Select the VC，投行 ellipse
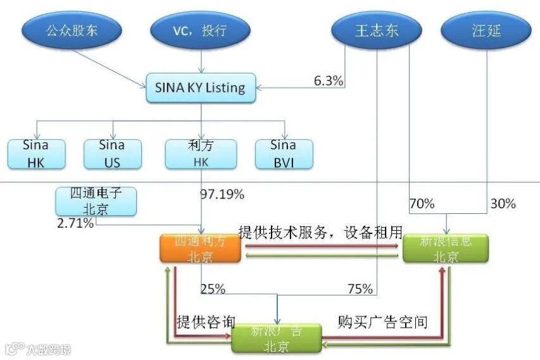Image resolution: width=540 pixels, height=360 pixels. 200,30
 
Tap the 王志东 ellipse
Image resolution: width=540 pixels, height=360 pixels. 376,30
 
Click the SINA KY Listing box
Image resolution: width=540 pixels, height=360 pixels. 201,87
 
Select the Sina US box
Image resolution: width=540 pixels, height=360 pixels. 111,154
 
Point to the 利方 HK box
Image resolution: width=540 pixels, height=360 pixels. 201,154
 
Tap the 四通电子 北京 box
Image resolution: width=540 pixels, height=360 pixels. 96,201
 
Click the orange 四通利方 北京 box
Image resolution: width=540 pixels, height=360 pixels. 201,249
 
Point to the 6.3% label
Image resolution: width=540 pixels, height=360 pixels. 329,80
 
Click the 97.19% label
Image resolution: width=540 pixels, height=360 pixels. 222,194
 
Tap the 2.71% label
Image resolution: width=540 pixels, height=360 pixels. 75,223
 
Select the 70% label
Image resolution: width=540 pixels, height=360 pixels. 422,204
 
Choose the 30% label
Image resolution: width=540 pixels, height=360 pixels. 503,204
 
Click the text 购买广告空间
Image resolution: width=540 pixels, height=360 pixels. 382,323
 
